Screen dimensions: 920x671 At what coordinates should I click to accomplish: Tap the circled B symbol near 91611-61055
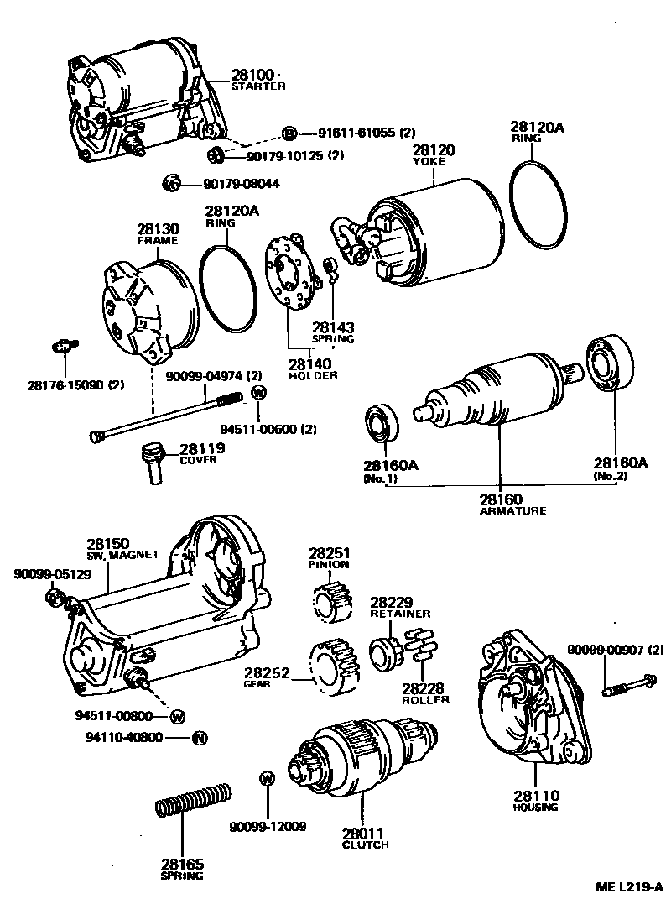pyautogui.click(x=289, y=133)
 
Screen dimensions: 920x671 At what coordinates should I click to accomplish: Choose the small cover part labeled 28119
pyautogui.click(x=153, y=461)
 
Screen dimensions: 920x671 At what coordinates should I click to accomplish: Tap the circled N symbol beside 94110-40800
pyautogui.click(x=199, y=739)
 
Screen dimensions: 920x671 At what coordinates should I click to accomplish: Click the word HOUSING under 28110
pyautogui.click(x=534, y=808)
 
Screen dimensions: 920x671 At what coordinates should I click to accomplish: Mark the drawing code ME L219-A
pyautogui.click(x=629, y=887)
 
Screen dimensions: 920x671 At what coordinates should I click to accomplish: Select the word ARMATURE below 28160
pyautogui.click(x=512, y=510)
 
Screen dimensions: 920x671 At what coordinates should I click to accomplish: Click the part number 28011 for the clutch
pyautogui.click(x=363, y=834)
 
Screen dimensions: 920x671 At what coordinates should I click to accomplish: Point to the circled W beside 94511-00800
pyautogui.click(x=177, y=716)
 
